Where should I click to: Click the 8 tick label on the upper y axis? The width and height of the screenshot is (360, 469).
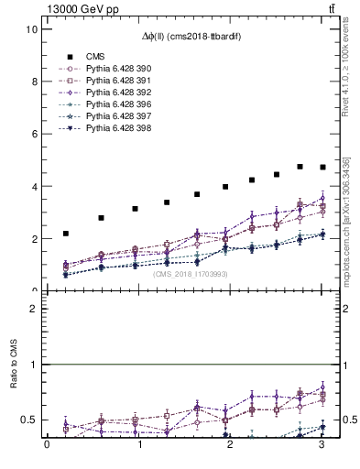click(34, 82)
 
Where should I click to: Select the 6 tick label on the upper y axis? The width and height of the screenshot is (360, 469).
click(34, 134)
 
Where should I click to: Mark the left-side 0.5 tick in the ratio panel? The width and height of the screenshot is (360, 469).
click(31, 420)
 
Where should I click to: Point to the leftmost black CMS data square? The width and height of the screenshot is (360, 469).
click(66, 234)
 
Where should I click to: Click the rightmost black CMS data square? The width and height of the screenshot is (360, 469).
click(322, 167)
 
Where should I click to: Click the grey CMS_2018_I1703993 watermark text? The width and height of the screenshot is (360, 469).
click(191, 274)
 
